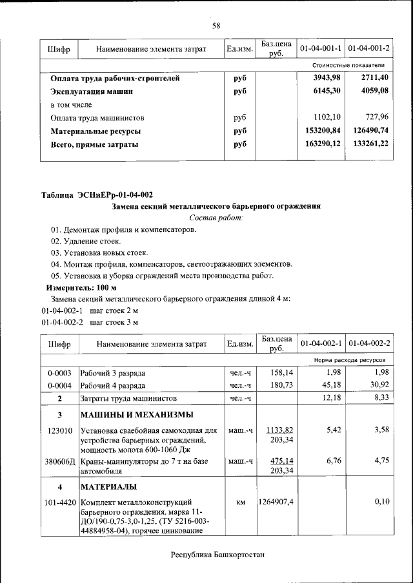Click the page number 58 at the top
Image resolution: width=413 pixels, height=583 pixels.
point(216,26)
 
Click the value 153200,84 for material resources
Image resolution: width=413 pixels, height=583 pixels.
point(319,131)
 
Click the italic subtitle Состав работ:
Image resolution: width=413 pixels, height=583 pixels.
point(216,218)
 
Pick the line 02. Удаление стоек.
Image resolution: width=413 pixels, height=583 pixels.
point(86,241)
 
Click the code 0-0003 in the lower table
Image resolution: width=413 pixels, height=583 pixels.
point(59,373)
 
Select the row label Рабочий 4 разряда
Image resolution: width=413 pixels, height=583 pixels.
point(113,385)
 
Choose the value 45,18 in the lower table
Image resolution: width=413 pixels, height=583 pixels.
point(330,385)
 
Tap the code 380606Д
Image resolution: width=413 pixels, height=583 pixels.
point(59,461)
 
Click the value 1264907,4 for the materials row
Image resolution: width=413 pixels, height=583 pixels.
point(277,501)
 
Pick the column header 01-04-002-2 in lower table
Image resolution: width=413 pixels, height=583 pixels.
point(369,343)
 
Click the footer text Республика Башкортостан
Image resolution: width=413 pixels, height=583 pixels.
point(217,555)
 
